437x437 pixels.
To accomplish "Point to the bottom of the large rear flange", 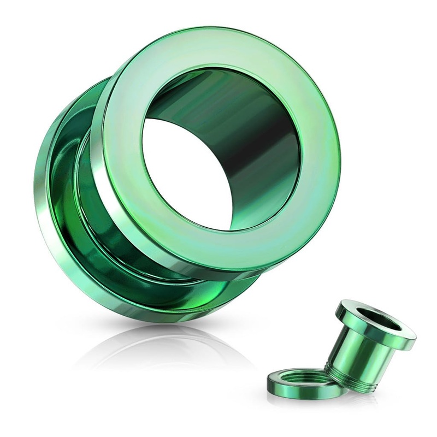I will coord(153,317).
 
